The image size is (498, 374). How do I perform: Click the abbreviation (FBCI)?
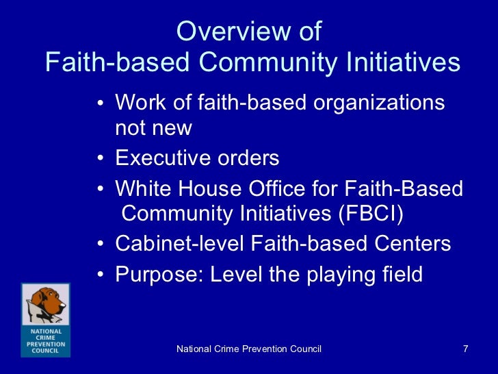(369, 214)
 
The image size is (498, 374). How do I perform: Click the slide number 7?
(465, 349)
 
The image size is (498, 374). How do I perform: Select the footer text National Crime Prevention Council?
(249, 349)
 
